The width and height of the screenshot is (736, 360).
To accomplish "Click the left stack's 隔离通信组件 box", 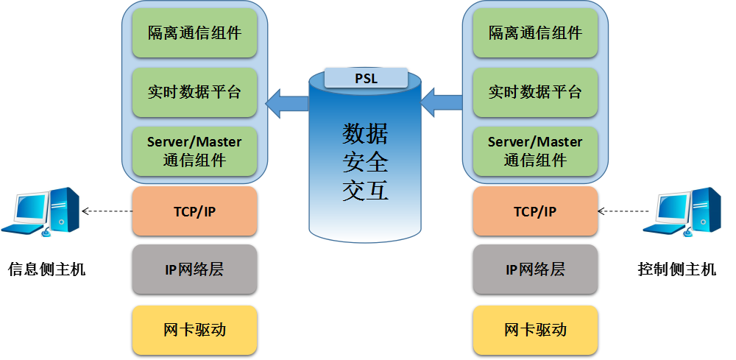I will pos(194,33).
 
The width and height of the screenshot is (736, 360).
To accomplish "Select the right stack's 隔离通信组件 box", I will pos(535,33).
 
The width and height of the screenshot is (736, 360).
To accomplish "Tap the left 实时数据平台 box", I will pos(194,92).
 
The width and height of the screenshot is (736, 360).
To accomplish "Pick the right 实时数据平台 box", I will pos(535,92).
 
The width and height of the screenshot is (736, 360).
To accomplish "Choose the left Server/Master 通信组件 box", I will pos(194,150).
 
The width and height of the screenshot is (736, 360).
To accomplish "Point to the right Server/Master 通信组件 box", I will pos(535,150).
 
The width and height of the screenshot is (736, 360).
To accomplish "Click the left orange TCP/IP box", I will pos(194,212).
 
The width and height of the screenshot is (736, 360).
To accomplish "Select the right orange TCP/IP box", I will pos(535,212).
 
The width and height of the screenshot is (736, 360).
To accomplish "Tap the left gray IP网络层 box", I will pos(194,269).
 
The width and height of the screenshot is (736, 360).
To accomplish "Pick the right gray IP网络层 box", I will pos(535,269).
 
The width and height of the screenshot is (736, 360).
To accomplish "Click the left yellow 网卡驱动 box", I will pos(194,329).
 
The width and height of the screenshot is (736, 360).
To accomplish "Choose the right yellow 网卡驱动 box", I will pos(535,329).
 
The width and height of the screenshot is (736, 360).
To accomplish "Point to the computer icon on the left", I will pos(40,211).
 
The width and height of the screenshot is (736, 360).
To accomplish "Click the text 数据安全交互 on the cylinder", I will pos(365,162).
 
